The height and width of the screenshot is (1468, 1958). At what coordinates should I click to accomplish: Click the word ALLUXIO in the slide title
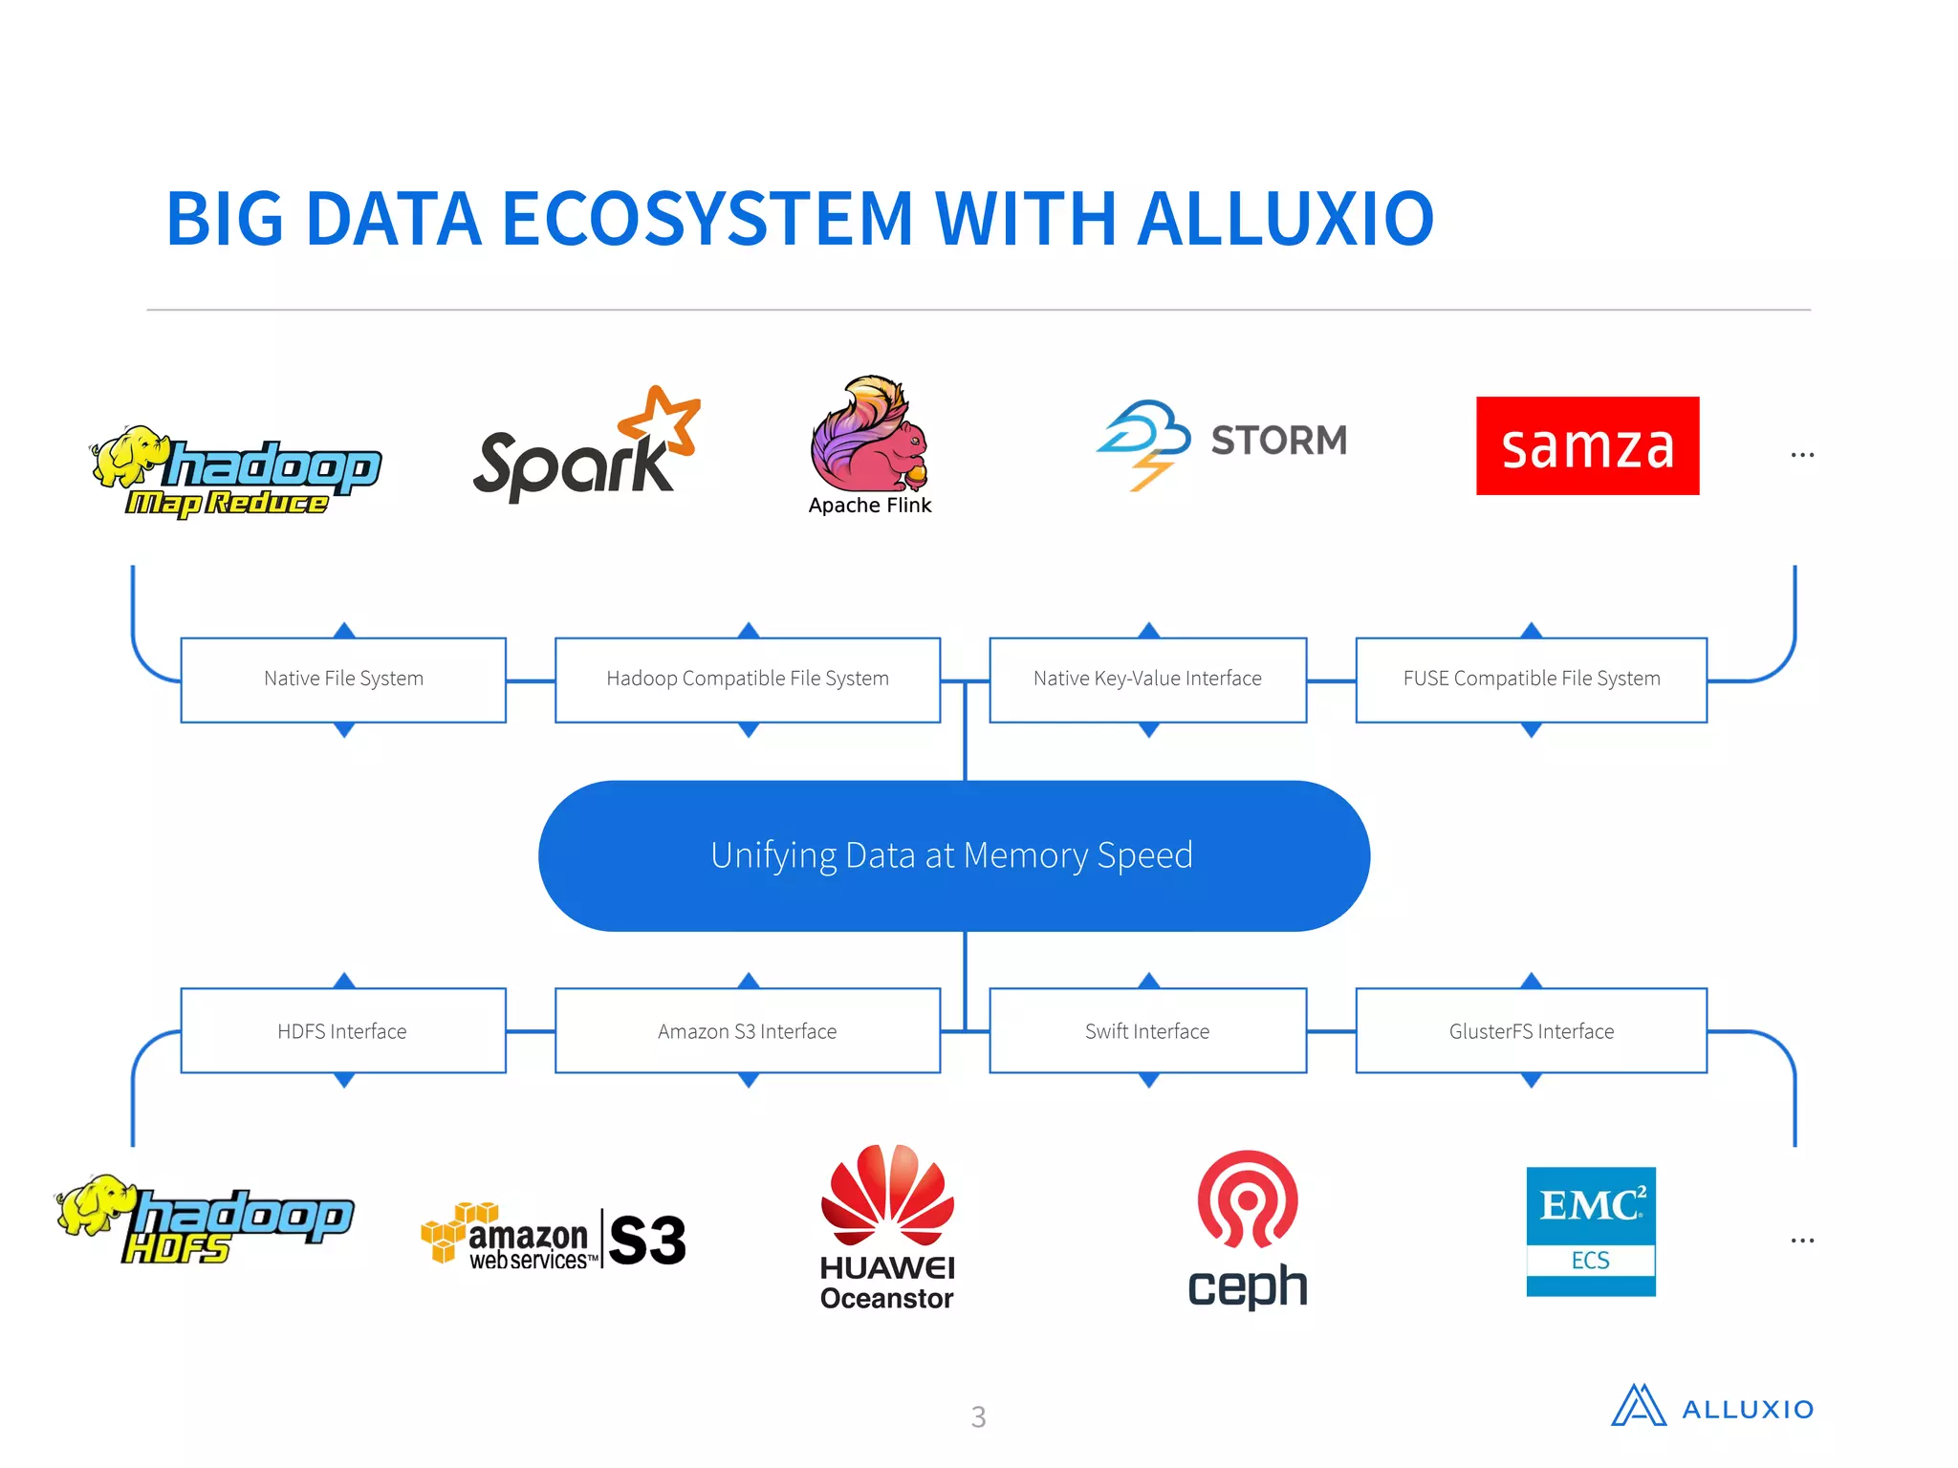click(1286, 219)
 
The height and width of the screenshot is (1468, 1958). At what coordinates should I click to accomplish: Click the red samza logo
click(1587, 445)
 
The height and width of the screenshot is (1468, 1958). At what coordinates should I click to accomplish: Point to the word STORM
click(1278, 441)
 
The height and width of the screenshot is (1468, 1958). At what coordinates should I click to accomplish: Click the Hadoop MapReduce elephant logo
click(234, 471)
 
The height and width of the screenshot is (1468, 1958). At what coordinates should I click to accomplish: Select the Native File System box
click(343, 680)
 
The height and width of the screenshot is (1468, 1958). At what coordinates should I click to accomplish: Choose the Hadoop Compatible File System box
click(748, 680)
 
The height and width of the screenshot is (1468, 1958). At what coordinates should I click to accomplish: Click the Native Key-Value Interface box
click(1147, 680)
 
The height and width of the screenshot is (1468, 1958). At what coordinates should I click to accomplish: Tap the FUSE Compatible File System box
click(1531, 680)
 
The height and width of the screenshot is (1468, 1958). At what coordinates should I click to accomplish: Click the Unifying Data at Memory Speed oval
click(953, 855)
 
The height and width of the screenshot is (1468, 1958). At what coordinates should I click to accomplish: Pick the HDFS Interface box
click(343, 1031)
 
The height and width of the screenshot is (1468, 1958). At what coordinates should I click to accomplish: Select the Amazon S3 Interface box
click(748, 1031)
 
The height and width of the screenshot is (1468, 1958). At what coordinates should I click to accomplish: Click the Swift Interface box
click(1147, 1031)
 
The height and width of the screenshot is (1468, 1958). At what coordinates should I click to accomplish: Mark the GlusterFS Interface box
click(1531, 1031)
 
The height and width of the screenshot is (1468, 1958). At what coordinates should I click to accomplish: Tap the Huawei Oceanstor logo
click(887, 1228)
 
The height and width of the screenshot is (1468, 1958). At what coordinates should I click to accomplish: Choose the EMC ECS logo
click(1590, 1231)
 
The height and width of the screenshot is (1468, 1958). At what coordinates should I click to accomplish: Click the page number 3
click(978, 1416)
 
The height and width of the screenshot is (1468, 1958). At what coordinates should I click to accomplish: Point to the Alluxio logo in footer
click(1711, 1408)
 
